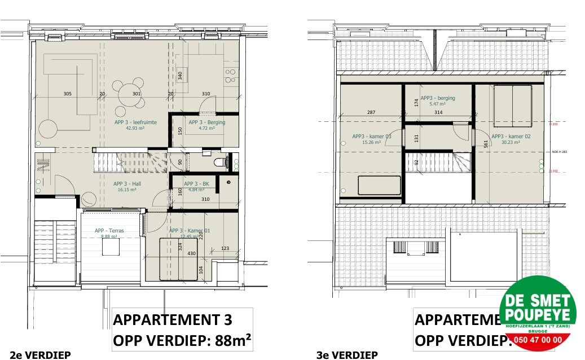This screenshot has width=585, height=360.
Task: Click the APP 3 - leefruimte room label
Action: [135, 122]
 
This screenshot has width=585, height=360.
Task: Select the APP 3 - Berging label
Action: [206, 122]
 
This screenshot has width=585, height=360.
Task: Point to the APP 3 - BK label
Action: [197, 184]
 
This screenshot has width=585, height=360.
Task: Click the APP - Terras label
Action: [109, 231]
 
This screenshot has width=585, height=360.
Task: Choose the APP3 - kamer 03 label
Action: [372, 137]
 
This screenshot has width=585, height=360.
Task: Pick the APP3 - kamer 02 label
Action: [511, 137]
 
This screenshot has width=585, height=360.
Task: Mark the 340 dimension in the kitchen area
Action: [180, 76]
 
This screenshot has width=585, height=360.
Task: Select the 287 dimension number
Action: [371, 113]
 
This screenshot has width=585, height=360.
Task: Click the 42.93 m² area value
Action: [135, 128]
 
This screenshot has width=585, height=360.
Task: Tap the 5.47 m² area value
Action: [438, 104]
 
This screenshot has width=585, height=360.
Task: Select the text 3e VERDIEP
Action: [347, 354]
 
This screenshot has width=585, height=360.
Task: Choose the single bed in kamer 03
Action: [379, 186]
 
